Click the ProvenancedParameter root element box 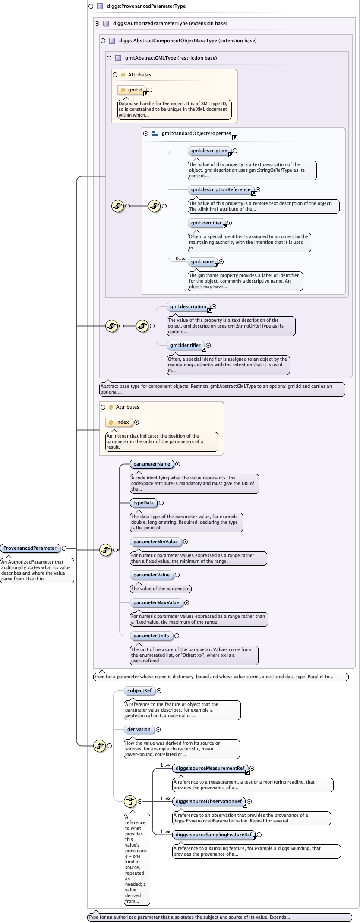(x=30, y=548)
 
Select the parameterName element (x=152, y=464)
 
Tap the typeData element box (x=143, y=503)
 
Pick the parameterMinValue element (x=155, y=542)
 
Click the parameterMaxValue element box (x=156, y=602)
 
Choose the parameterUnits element (x=151, y=636)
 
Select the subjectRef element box (x=139, y=690)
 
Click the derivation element (x=139, y=729)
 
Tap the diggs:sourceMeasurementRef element (x=210, y=768)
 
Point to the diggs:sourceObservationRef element (x=208, y=801)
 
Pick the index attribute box (x=119, y=422)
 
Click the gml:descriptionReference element (x=221, y=189)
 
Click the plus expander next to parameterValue (x=177, y=575)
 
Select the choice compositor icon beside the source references (x=130, y=801)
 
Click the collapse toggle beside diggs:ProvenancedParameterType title (x=91, y=6)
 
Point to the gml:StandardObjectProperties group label (x=196, y=133)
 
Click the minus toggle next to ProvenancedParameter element (x=64, y=548)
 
